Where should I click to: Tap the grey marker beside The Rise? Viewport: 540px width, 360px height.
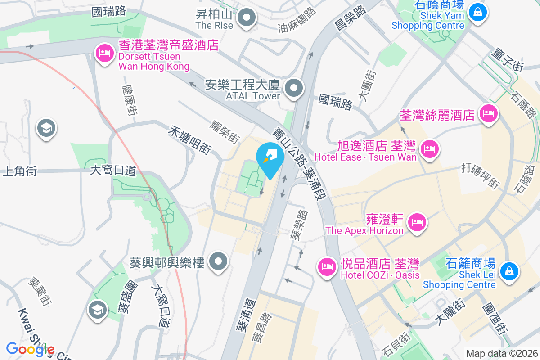(x=246, y=19)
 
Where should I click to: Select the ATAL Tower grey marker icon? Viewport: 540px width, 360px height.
(x=295, y=88)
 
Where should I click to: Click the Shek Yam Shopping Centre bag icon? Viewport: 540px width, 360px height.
(x=477, y=11)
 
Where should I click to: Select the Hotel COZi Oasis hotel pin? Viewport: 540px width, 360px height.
(x=327, y=266)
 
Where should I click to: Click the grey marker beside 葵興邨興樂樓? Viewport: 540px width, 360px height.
(x=219, y=261)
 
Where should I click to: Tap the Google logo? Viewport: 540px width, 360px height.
(x=30, y=349)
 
